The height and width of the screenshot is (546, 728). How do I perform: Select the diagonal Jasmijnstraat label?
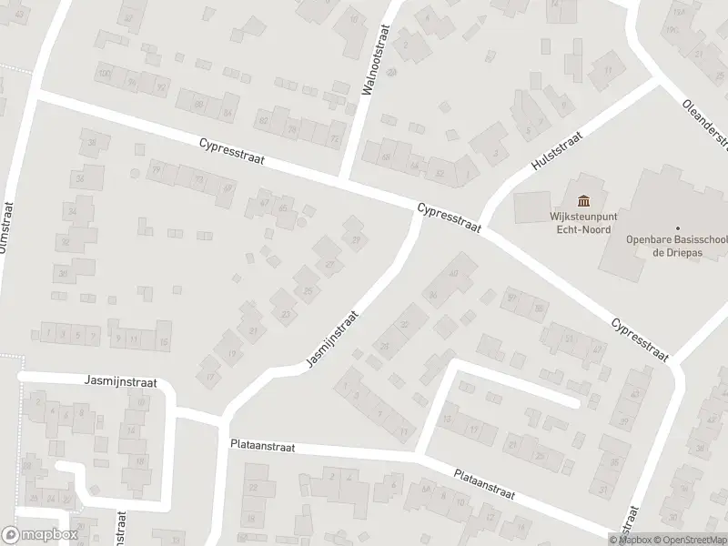tap(333, 339)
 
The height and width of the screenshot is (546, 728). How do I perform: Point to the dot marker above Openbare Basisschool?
tap(678, 228)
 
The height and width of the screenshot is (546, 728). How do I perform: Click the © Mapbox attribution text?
tap(629, 540)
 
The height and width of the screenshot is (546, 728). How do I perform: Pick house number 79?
tap(156, 170)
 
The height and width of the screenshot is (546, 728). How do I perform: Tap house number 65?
tap(283, 208)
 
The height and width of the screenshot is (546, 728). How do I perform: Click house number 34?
tap(72, 211)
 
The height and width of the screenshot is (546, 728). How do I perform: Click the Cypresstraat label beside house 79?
tap(233, 152)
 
